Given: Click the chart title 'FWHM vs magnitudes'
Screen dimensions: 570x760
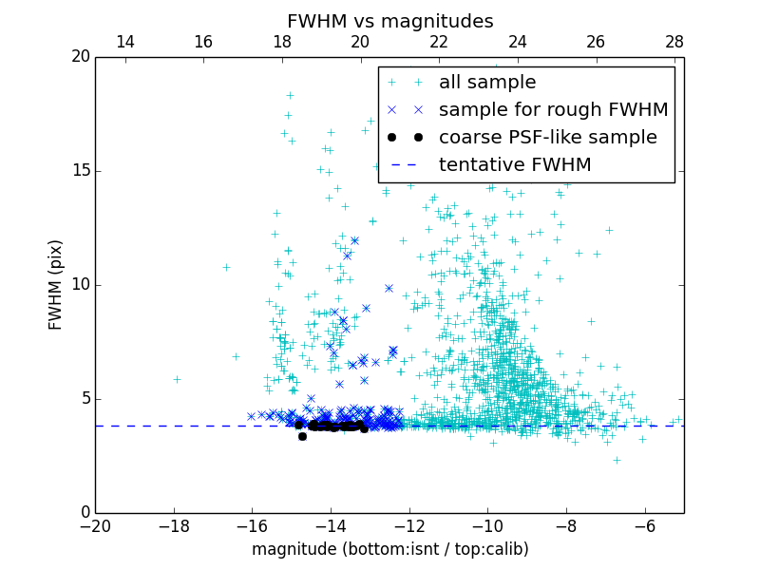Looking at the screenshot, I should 389,21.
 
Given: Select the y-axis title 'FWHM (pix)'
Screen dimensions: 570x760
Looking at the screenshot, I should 56,285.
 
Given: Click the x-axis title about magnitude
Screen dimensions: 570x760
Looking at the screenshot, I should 389,549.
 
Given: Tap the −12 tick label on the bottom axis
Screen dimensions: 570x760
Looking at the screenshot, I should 409,526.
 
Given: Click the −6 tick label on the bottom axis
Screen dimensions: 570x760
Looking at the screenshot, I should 645,526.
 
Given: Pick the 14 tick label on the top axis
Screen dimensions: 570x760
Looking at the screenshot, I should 124,43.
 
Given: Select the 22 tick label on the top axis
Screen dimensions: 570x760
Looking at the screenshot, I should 439,43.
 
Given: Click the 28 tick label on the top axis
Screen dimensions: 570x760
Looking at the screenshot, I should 674,43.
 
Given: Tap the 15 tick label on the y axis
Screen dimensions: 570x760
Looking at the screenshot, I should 80,171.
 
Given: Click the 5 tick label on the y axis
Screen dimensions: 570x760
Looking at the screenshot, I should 84,399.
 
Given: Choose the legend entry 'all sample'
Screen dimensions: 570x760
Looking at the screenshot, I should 487,83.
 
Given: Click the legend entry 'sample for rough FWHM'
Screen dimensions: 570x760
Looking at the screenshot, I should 553,110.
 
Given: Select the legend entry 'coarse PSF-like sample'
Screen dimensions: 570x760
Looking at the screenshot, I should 547,138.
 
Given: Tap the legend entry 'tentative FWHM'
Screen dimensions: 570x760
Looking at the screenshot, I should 515,165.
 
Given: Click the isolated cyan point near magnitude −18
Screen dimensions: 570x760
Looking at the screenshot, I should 177,379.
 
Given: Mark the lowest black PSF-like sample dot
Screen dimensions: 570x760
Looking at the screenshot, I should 302,436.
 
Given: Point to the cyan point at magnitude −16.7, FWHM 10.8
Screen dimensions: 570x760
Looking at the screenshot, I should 226,267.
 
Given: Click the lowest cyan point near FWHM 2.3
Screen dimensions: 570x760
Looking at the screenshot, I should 616,460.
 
